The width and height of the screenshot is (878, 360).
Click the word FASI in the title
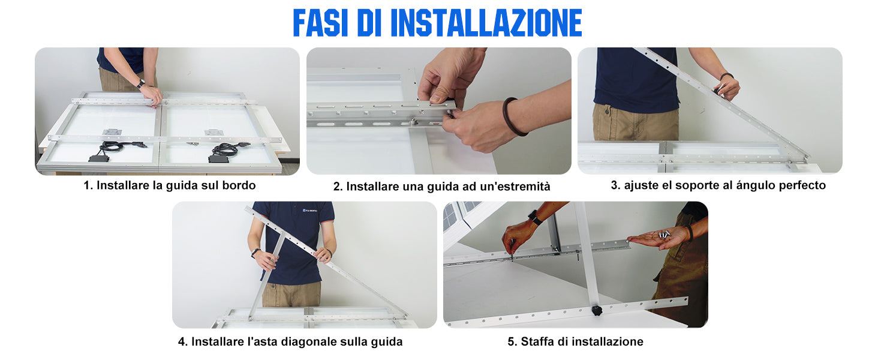coord(320,23)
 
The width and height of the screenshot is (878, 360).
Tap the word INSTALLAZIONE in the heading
coord(486,23)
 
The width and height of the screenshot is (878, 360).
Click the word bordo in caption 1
coord(239,185)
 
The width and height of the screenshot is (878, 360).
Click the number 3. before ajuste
coord(615,185)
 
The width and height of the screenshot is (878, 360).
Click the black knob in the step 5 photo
coord(597,311)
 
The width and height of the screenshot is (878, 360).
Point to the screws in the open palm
coord(664,235)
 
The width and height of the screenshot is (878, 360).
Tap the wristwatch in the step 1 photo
coord(141,83)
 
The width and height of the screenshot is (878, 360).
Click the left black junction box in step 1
coord(98,158)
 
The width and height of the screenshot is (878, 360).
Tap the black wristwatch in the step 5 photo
coord(534,217)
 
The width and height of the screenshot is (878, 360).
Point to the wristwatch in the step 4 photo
coord(255,252)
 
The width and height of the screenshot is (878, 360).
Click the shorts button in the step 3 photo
coord(608,112)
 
